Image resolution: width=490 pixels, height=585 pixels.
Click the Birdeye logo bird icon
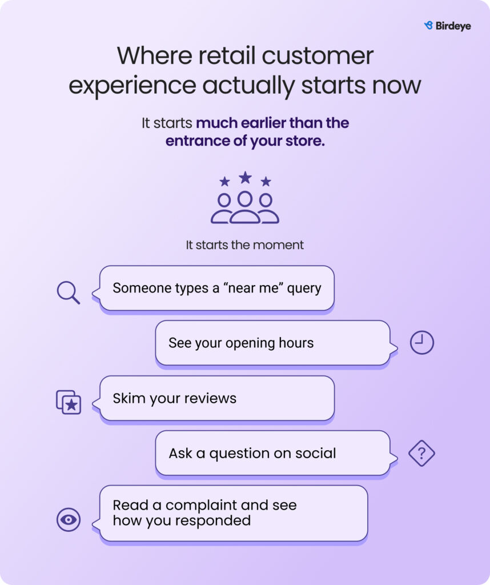pos(428,25)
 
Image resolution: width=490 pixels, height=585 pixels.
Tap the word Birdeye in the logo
pos(453,26)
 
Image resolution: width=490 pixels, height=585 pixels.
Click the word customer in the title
pos(318,56)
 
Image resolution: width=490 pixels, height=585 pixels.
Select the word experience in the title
pos(132,86)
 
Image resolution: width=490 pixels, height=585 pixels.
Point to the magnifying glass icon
pos(68,292)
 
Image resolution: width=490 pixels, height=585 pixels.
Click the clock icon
pos(422,342)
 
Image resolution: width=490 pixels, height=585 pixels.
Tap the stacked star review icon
pos(69,402)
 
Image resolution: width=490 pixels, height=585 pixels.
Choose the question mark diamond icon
pos(422,453)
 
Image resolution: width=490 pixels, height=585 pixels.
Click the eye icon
pos(69,519)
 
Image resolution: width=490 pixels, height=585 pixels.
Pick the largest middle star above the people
pos(245,177)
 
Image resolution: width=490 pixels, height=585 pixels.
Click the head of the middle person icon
pos(245,199)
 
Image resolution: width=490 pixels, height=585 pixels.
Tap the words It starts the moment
pos(244,245)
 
